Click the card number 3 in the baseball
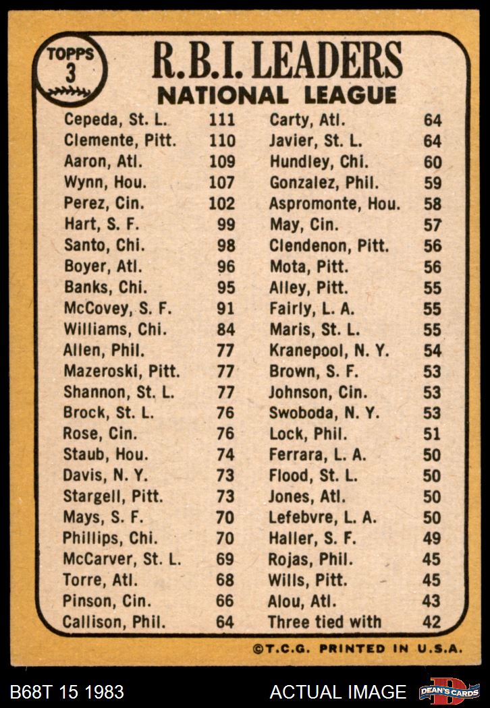coord(70,73)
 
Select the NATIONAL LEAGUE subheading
coord(277,95)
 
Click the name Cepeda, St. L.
coord(115,120)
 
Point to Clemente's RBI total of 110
coord(222,141)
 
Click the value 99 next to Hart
coord(226,225)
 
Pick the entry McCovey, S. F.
coord(117,309)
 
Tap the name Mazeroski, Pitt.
coord(121,372)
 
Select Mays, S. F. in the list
coord(101,518)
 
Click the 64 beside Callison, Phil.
coord(225,622)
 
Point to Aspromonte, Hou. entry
coord(335,204)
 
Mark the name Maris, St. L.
coord(315,330)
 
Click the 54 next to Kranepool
coord(432,351)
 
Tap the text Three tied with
coord(325,622)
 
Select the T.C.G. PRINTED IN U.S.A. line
coord(358,649)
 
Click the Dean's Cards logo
coord(448,690)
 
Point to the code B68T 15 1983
coord(67,691)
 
